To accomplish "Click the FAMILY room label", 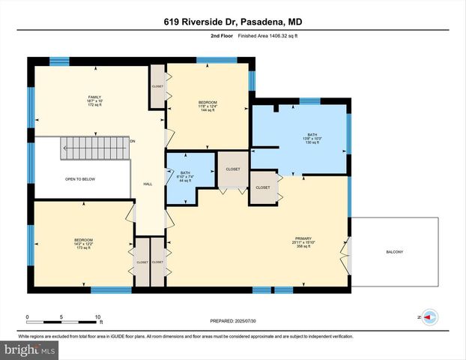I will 94,97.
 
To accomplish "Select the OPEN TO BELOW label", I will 79,180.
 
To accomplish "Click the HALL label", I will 148,184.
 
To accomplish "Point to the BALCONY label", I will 394,252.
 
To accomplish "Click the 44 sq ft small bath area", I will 184,182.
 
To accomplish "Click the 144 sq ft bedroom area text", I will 208,110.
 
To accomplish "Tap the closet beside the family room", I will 157,86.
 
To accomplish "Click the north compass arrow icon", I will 429,318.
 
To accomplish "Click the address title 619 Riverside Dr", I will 232,22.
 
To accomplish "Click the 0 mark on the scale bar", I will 28,316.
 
